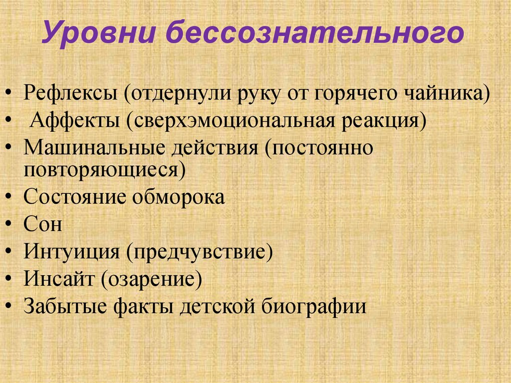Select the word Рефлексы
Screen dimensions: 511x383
pyautogui.click(x=70, y=93)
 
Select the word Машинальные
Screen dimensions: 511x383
pyautogui.click(x=94, y=148)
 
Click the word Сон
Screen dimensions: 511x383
pyautogui.click(x=43, y=224)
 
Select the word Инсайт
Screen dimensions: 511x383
pyautogui.click(x=59, y=279)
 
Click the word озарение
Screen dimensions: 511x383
pyautogui.click(x=151, y=279)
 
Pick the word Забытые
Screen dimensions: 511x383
pyautogui.click(x=65, y=306)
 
